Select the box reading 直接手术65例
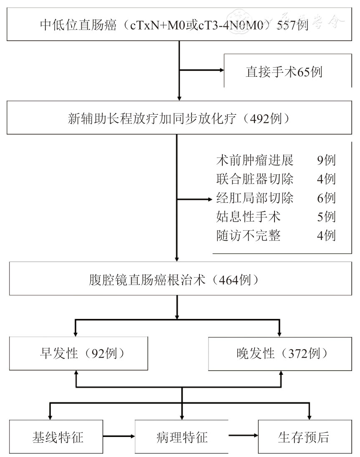(284, 72)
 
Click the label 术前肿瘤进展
(255, 159)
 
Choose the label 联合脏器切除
(255, 179)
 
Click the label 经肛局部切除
(255, 197)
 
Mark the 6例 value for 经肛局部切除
(326, 197)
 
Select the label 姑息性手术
(249, 217)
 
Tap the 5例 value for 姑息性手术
(326, 217)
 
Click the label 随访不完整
(249, 236)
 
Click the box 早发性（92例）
(78, 354)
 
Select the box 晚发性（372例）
(279, 354)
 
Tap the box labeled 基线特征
(57, 437)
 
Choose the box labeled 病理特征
(181, 437)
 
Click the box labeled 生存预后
(303, 437)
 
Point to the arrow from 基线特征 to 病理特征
(120, 437)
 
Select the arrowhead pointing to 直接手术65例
(222, 70)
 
